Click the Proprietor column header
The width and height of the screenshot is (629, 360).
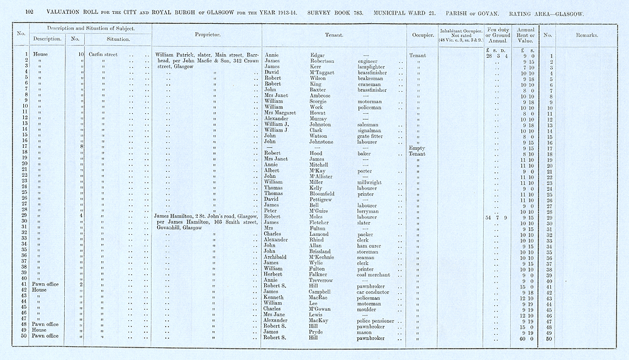pyautogui.click(x=207, y=36)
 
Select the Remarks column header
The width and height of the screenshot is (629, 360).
pyautogui.click(x=586, y=36)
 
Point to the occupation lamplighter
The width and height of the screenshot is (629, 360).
pyautogui.click(x=354, y=67)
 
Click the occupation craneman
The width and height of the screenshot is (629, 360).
pyautogui.click(x=351, y=84)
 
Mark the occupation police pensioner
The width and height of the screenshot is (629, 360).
pyautogui.click(x=362, y=321)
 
